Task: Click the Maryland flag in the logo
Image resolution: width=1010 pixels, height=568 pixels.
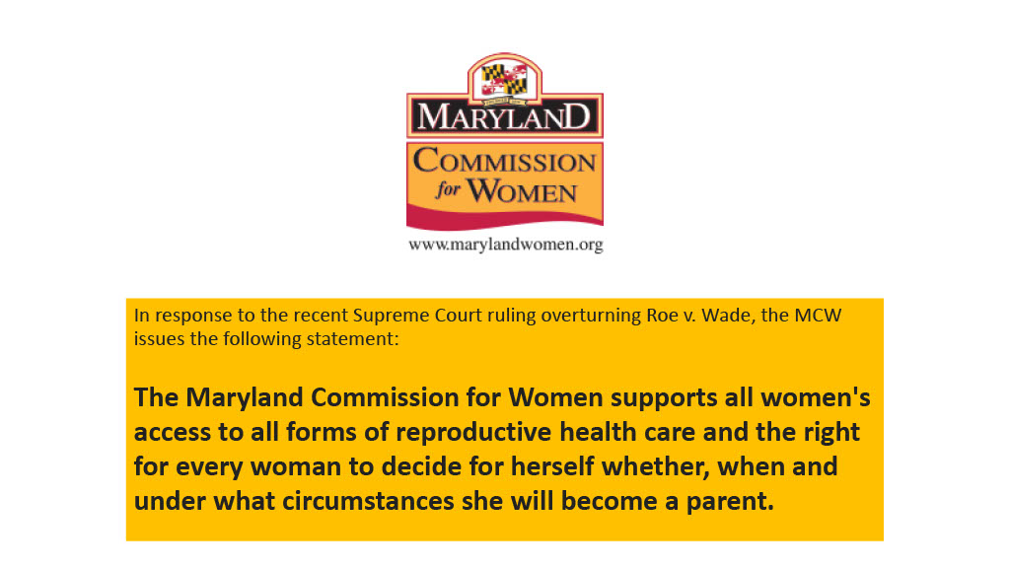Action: [x=504, y=80]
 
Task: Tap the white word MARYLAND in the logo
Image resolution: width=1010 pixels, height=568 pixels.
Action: [x=504, y=116]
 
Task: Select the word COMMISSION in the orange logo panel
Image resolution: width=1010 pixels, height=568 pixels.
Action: [x=504, y=161]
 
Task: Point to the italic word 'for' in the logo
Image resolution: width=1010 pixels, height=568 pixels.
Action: [x=449, y=189]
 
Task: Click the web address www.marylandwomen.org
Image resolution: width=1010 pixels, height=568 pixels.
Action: [x=506, y=245]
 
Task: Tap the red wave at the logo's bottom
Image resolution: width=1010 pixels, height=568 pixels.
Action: [x=504, y=218]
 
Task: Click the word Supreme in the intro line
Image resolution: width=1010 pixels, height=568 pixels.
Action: [x=386, y=316]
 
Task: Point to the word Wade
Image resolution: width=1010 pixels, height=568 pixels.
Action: [x=728, y=315]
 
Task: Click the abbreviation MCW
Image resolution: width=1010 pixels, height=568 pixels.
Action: [x=818, y=315]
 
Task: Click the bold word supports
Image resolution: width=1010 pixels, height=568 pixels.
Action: [x=664, y=398]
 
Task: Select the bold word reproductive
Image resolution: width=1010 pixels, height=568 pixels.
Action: [x=473, y=433]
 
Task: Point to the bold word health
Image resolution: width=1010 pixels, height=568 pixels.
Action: [x=595, y=432]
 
